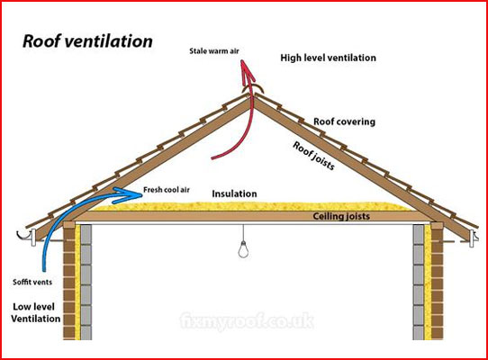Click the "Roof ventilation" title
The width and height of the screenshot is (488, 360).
[x=87, y=41]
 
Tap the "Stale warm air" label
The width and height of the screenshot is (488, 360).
[x=214, y=51]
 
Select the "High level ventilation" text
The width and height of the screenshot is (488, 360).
[x=328, y=58]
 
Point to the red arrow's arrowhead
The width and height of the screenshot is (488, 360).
[x=247, y=71]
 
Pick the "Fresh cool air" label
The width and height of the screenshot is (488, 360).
[x=167, y=190]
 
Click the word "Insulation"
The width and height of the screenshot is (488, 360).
[x=234, y=193]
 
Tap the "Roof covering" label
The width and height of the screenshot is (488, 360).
[x=344, y=121]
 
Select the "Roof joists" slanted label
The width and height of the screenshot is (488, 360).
[x=313, y=156]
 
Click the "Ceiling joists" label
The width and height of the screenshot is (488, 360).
[x=341, y=216]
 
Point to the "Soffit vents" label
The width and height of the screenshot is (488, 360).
[x=32, y=283]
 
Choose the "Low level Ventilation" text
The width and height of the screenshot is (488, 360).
[x=35, y=312]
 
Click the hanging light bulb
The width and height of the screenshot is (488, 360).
[x=243, y=249]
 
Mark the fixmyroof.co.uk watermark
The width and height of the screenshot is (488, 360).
[x=247, y=320]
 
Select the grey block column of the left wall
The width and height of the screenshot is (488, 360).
[x=86, y=282]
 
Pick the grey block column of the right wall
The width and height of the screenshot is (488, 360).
[x=419, y=282]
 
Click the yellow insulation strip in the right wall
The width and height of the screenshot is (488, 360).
[x=428, y=282]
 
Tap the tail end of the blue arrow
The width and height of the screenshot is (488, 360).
[x=44, y=270]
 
